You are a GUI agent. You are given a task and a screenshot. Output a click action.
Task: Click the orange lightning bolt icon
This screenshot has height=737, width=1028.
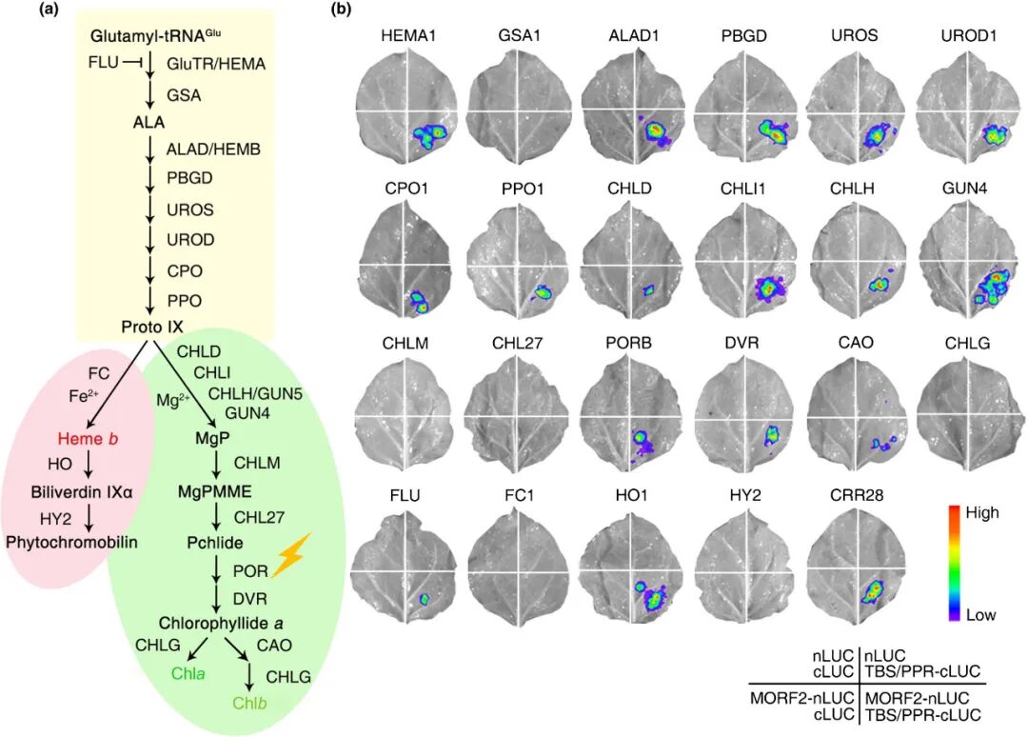point(291,555)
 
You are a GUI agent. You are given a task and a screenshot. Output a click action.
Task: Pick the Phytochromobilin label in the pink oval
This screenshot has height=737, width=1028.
point(72,542)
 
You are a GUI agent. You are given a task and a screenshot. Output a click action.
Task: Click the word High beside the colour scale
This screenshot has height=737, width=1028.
point(981,513)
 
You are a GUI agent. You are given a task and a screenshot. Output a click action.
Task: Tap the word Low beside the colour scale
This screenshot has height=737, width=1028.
point(980,615)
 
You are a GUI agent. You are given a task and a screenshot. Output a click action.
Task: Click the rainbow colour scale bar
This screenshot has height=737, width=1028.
point(952,564)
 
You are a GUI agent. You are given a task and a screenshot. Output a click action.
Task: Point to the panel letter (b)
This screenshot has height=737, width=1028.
point(341,10)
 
